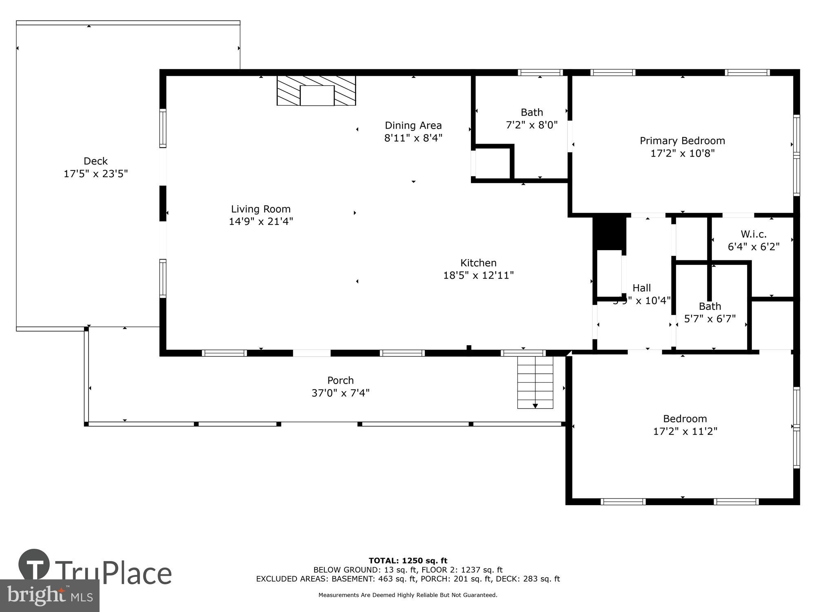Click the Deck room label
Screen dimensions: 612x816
95,161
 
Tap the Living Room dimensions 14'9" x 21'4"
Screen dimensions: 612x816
261,222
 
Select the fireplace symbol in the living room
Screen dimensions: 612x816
316,91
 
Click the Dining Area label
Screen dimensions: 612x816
413,125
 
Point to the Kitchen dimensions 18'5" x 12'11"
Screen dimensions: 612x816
478,275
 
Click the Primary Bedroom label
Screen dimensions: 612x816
682,141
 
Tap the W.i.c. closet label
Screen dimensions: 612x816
753,234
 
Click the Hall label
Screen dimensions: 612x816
641,288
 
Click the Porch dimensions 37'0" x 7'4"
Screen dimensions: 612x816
340,393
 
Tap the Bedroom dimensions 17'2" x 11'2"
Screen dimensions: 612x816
685,431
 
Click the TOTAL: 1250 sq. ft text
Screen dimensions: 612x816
408,561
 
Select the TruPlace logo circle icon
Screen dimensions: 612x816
34,565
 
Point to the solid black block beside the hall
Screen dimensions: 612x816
609,233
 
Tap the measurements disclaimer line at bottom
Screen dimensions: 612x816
408,595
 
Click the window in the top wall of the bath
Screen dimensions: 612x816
540,73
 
